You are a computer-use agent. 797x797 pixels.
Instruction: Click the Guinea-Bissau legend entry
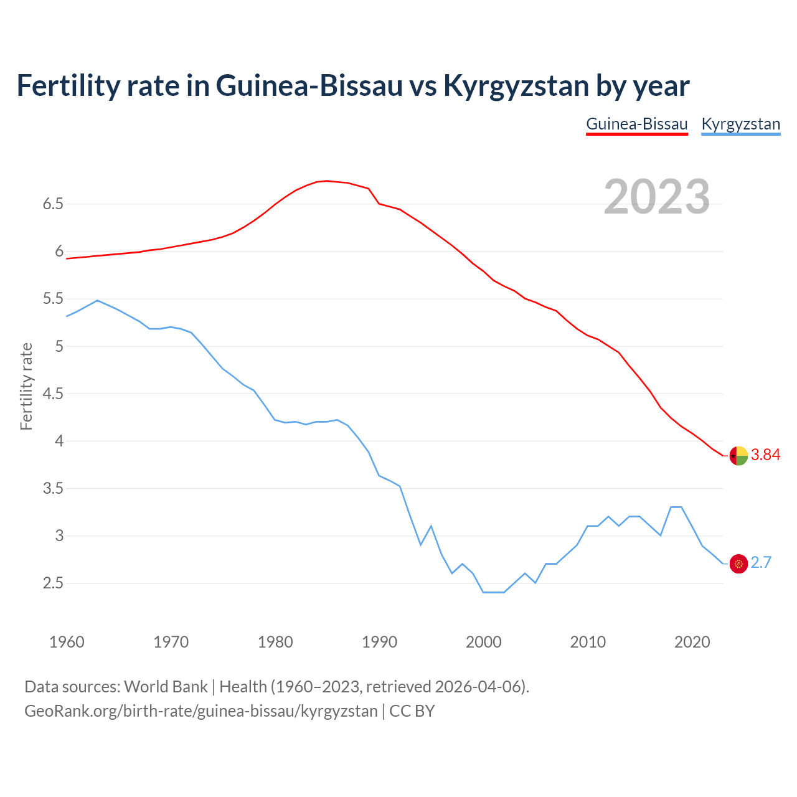point(636,124)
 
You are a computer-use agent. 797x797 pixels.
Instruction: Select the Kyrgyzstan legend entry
point(740,124)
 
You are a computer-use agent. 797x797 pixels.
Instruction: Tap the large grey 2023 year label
point(657,197)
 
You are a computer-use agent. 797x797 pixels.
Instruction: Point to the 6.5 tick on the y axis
point(53,204)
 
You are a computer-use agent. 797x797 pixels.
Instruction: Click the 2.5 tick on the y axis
point(53,583)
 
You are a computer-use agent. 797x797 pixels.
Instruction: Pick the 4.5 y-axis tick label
point(53,394)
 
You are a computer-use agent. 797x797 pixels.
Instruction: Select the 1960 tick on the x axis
point(67,642)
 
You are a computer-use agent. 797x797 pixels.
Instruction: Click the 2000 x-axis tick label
point(483,642)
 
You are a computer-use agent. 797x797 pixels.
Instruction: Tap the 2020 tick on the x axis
point(692,642)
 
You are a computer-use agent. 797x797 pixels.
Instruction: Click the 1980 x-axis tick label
point(275,642)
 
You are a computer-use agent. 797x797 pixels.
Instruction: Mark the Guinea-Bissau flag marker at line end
point(738,456)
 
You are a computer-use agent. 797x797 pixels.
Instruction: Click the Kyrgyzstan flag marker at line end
point(738,564)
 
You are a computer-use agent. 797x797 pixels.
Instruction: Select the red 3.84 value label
point(765,455)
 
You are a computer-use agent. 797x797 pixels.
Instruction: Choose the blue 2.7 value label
point(761,563)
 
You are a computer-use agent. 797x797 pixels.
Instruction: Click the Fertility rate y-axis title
point(26,386)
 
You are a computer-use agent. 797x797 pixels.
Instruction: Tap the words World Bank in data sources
point(166,687)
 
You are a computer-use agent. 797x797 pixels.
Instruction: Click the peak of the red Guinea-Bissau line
point(327,181)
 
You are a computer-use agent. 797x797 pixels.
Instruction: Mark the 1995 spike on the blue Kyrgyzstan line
point(431,526)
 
